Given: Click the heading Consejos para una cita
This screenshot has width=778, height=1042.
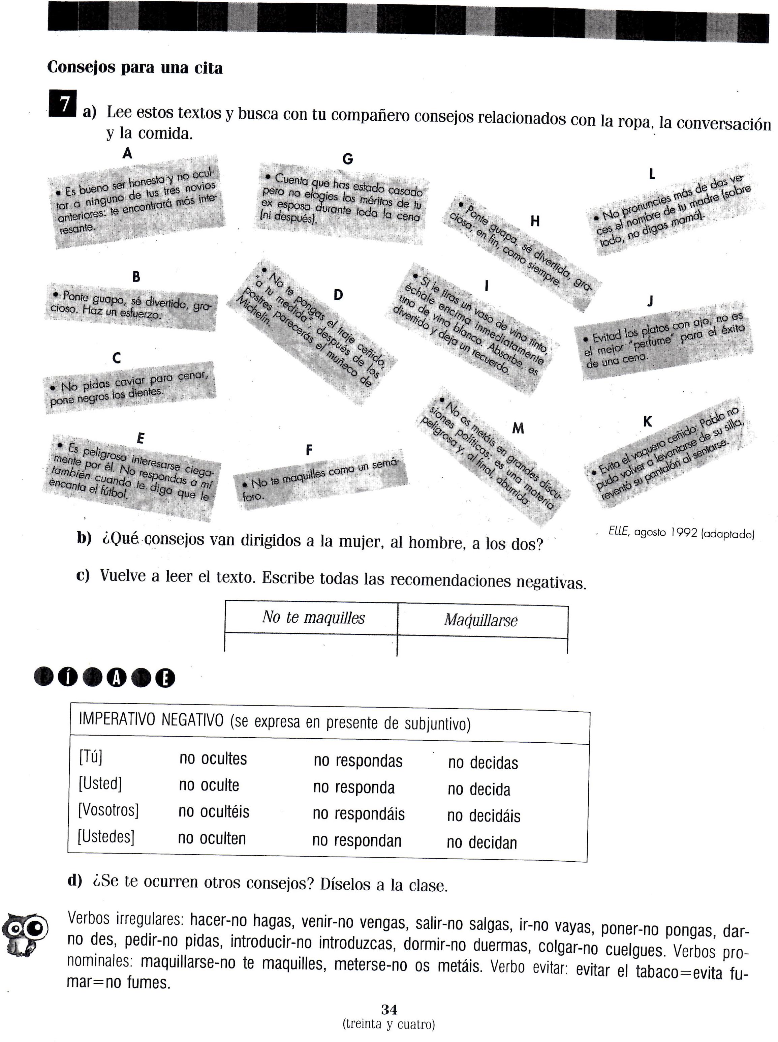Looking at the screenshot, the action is [135, 68].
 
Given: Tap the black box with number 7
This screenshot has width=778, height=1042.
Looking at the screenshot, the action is [62, 103].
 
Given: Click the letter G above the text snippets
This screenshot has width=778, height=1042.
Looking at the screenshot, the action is [348, 159].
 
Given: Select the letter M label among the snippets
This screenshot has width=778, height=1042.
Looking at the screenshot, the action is [518, 428].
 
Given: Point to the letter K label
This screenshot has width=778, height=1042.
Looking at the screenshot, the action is [648, 422].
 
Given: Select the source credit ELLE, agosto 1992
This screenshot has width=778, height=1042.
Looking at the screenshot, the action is [681, 533].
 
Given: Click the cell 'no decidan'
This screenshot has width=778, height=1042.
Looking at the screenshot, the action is [482, 842].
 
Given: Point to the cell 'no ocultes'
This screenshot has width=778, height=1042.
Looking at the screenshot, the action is [213, 759].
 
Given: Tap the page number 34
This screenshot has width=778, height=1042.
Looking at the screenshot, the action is [389, 1010].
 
